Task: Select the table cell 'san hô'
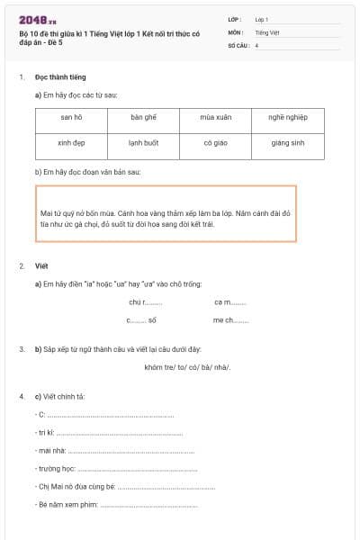pyautogui.click(x=72, y=118)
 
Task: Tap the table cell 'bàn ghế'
pyautogui.click(x=143, y=118)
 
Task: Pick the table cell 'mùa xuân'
pyautogui.click(x=215, y=118)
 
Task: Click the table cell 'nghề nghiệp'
pyautogui.click(x=287, y=118)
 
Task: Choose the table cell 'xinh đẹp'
pyautogui.click(x=72, y=143)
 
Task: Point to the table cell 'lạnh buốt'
pyautogui.click(x=143, y=143)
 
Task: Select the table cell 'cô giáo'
pyautogui.click(x=215, y=143)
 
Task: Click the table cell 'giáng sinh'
pyautogui.click(x=287, y=143)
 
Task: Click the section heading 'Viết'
pyautogui.click(x=41, y=266)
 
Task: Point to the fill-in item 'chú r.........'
pyautogui.click(x=146, y=302)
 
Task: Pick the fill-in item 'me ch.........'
pyautogui.click(x=230, y=320)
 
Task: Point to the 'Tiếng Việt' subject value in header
pyautogui.click(x=266, y=31)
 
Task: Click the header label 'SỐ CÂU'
pyautogui.click(x=237, y=44)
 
